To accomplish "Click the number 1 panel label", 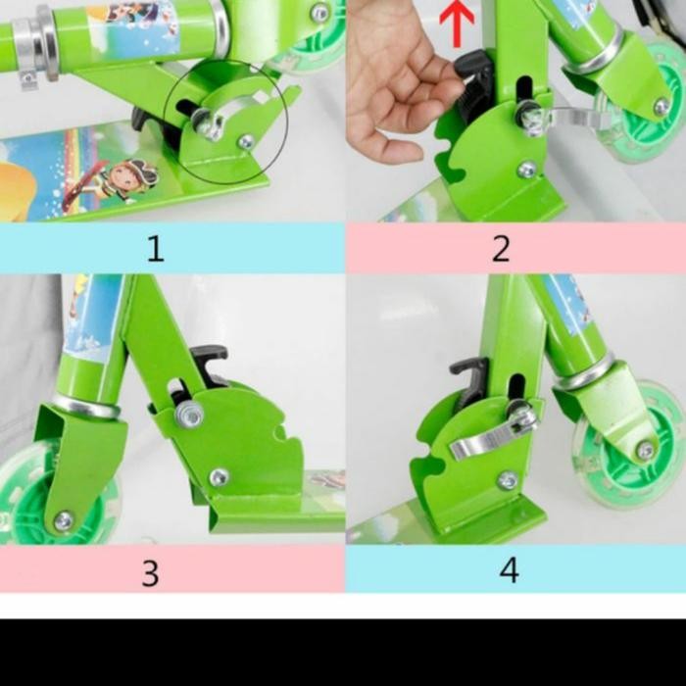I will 155,249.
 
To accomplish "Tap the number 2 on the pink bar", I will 501,249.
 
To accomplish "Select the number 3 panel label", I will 150,572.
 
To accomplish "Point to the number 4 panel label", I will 509,569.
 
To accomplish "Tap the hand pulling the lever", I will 397,78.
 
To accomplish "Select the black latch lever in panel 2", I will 476,82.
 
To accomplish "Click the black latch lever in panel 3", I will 209,363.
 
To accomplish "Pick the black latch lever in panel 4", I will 470,379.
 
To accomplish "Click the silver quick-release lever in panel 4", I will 490,435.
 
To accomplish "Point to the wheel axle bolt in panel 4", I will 645,451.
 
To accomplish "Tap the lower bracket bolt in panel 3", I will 219,477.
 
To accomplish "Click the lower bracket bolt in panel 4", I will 507,480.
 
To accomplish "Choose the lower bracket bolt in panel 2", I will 527,170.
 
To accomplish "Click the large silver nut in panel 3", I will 189,415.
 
